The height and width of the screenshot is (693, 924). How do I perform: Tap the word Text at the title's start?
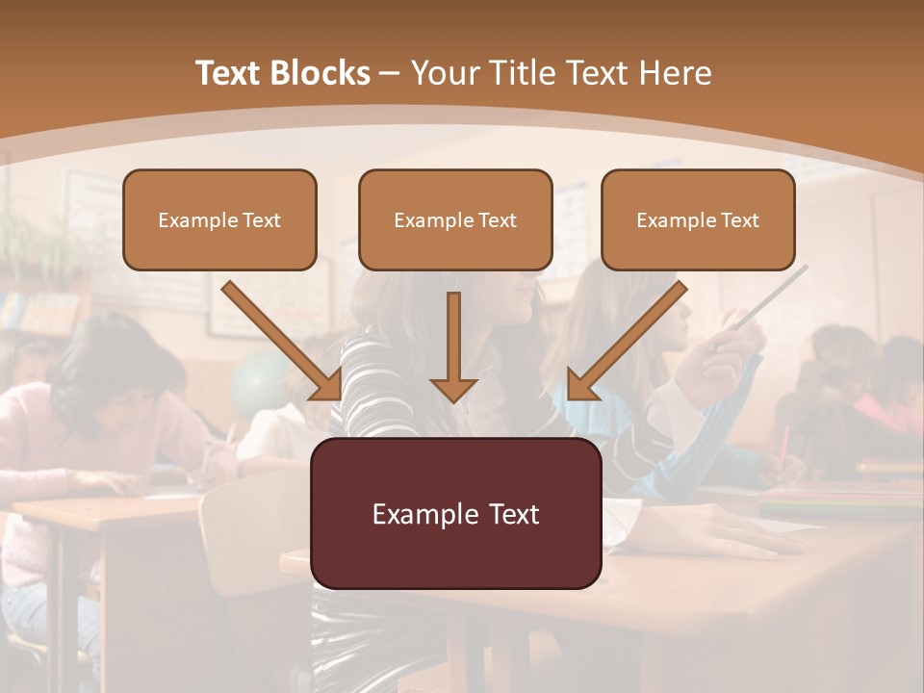coord(232,73)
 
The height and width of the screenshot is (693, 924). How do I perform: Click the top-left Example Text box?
coord(219,219)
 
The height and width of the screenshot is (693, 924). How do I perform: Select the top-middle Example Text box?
coord(455,219)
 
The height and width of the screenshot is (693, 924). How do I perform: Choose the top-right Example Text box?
coord(698,219)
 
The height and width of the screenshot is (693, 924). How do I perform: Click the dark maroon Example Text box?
coord(455,513)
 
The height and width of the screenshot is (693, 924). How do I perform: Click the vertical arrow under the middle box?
coord(453,346)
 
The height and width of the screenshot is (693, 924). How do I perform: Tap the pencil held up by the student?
coord(771,298)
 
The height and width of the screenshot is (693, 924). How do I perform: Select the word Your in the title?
coord(445,73)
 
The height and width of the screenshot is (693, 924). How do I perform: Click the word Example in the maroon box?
coord(414,514)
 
